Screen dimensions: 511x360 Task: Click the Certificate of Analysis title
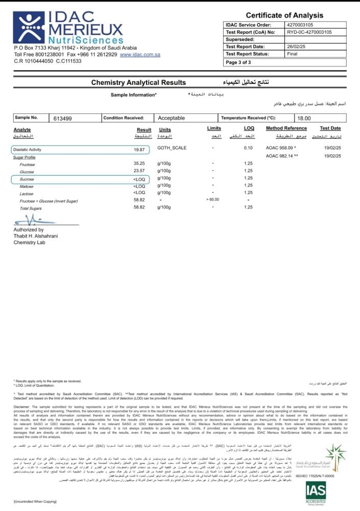[x=284, y=15]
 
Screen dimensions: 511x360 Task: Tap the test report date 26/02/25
[x=297, y=47]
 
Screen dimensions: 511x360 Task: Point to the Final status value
[x=292, y=54]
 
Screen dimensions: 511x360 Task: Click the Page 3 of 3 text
[x=238, y=62]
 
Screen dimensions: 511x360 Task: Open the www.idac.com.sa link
[x=140, y=54]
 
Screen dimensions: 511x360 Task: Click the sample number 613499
[x=63, y=118]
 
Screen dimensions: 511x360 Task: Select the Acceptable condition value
[x=172, y=118]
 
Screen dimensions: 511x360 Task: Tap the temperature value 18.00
[x=304, y=118]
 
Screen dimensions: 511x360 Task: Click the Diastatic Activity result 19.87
[x=140, y=150]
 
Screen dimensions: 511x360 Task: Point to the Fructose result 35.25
[x=139, y=164]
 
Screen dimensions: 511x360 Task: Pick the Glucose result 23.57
[x=139, y=171]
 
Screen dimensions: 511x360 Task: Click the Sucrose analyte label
[x=27, y=179]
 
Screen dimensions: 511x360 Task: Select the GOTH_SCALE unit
[x=172, y=148]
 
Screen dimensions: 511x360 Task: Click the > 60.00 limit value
[x=213, y=199]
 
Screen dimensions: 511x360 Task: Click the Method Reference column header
[x=286, y=128]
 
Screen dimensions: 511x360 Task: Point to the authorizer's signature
[x=33, y=220]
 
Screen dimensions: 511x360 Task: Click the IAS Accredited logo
[x=316, y=494]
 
